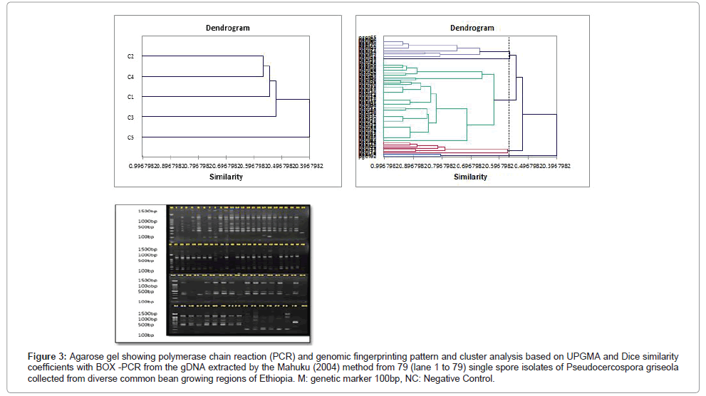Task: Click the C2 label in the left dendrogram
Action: [131, 56]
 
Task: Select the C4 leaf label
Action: [131, 76]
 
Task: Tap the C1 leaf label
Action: [131, 96]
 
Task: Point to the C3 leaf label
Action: [131, 117]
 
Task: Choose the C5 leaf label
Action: [131, 137]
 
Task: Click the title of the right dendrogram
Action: [472, 28]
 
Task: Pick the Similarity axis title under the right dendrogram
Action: [471, 177]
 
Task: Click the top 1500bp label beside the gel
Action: [148, 212]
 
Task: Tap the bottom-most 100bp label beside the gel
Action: [147, 335]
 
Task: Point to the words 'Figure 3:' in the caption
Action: [48, 355]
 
